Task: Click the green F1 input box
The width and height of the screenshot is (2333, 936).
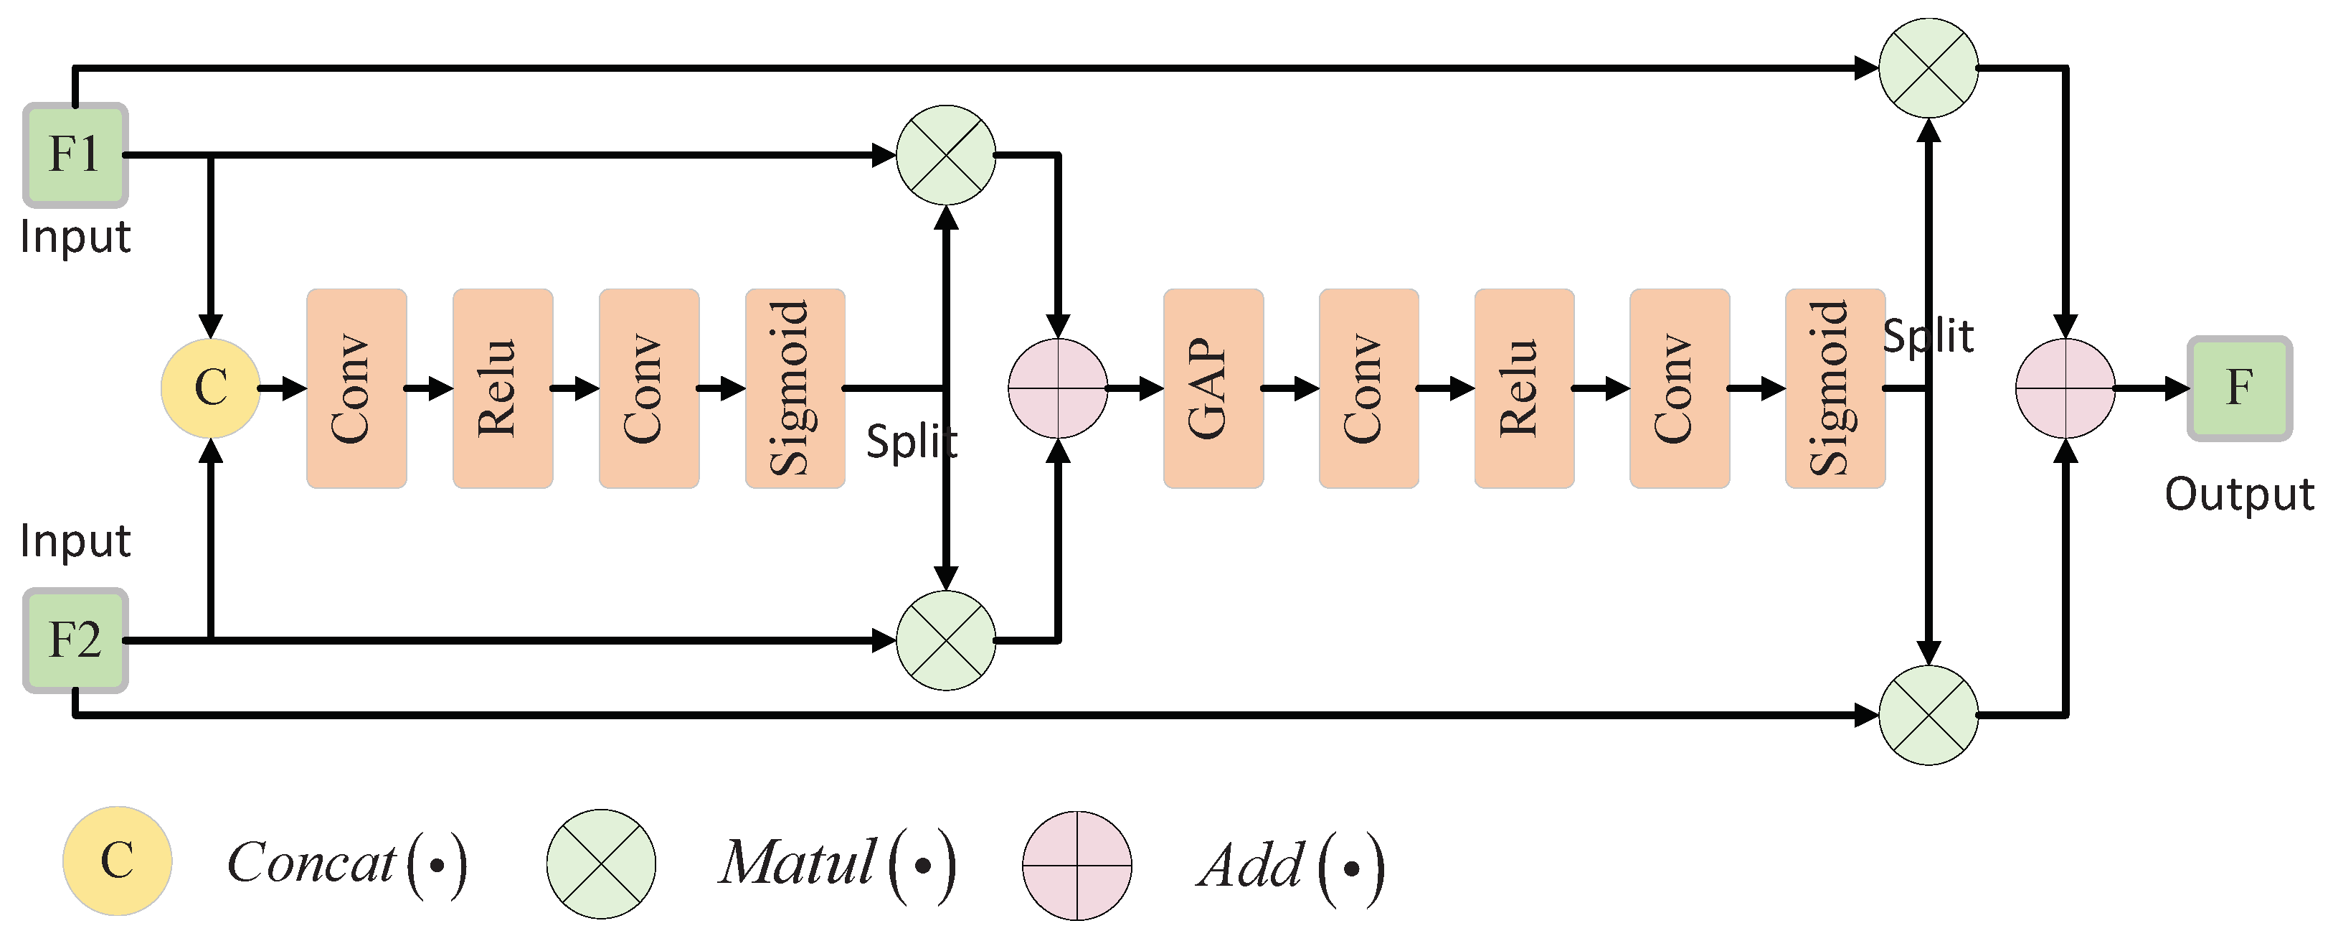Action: click(x=75, y=155)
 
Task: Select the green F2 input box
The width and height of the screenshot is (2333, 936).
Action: click(x=75, y=640)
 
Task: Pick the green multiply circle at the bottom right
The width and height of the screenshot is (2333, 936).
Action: click(x=1929, y=716)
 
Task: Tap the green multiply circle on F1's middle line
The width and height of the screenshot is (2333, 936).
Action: click(x=945, y=155)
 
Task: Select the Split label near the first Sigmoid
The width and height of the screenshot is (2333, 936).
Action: click(x=911, y=442)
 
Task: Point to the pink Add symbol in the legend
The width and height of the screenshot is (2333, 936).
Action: click(x=1076, y=866)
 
